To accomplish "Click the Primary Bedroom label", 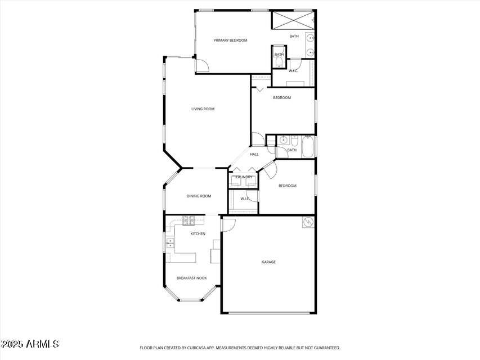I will pos(230,40).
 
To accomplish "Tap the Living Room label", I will pos(203,109).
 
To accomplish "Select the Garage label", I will pos(268,262).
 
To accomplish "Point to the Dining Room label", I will pos(199,196).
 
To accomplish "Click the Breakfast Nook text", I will pos(191,278).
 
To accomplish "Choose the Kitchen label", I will pos(198,234).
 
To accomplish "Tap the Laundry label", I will pos(244,177).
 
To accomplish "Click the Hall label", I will pos(254,154).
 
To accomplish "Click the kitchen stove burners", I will pos(187,219).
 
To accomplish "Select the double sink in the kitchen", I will pos(170,243).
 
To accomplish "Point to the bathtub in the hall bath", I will pos(308,147).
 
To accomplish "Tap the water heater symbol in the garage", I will pos(308,222).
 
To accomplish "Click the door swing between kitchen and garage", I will pos(228,224).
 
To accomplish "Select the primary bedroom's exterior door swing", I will pos(202,65).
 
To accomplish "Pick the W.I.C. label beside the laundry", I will pos(245,199).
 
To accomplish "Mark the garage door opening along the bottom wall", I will pos(268,313).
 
